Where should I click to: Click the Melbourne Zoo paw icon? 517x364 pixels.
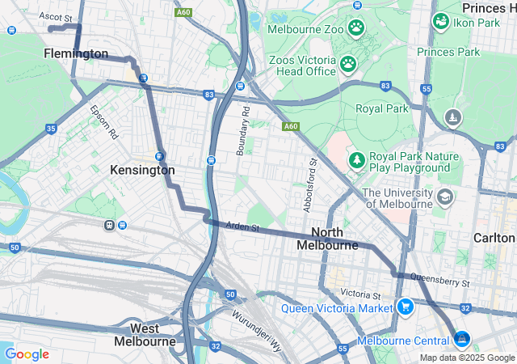click(356, 28)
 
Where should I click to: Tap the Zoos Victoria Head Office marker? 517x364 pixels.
click(348, 63)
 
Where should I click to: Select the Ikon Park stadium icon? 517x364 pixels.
click(441, 22)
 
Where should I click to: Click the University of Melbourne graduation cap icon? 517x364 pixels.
click(444, 197)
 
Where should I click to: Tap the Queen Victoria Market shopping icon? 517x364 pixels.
click(406, 307)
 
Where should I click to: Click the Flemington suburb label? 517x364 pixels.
click(76, 54)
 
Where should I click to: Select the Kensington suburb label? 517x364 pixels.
click(142, 171)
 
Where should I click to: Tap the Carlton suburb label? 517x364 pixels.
click(493, 238)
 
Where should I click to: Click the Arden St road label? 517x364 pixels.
click(242, 227)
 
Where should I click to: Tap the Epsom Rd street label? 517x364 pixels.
click(104, 122)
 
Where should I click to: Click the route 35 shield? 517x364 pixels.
click(52, 129)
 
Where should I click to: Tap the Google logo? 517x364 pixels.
click(27, 354)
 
